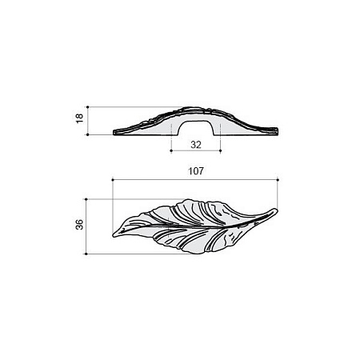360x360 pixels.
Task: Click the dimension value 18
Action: [x=79, y=118]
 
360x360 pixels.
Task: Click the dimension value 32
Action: [x=196, y=145]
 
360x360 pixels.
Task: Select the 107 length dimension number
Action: [x=196, y=171]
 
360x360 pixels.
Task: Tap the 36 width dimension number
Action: [x=79, y=225]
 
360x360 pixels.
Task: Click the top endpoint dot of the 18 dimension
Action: [x=88, y=106]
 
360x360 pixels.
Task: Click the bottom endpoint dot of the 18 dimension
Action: [x=88, y=135]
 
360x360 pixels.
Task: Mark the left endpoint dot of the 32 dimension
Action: [x=171, y=150]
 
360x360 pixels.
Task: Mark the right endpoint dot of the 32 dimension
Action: [x=220, y=150]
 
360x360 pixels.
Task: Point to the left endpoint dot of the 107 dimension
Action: [x=113, y=180]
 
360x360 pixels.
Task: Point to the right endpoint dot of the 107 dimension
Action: [x=278, y=180]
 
